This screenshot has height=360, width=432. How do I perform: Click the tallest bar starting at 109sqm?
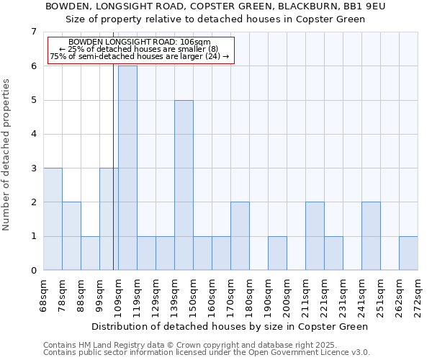pos(127,168)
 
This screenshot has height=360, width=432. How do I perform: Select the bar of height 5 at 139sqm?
pos(184,185)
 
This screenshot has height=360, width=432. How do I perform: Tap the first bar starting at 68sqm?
pos(53,219)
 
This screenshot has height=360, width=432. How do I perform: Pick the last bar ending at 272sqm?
pos(408,253)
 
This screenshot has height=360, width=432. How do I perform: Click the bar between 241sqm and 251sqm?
pos(371,236)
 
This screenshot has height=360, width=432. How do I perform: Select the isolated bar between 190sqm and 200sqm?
pos(277,253)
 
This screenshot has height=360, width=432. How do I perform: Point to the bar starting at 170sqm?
pos(240,236)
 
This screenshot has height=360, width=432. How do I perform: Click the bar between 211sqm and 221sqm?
pos(315,236)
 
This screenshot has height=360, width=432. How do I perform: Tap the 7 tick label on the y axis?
pos(33,32)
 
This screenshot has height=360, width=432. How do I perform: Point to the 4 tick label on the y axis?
pos(33,134)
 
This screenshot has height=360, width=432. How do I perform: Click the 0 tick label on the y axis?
pos(33,271)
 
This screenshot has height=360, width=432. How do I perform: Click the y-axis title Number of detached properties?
pos(7,154)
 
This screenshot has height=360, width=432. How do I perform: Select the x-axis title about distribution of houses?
pos(230,326)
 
